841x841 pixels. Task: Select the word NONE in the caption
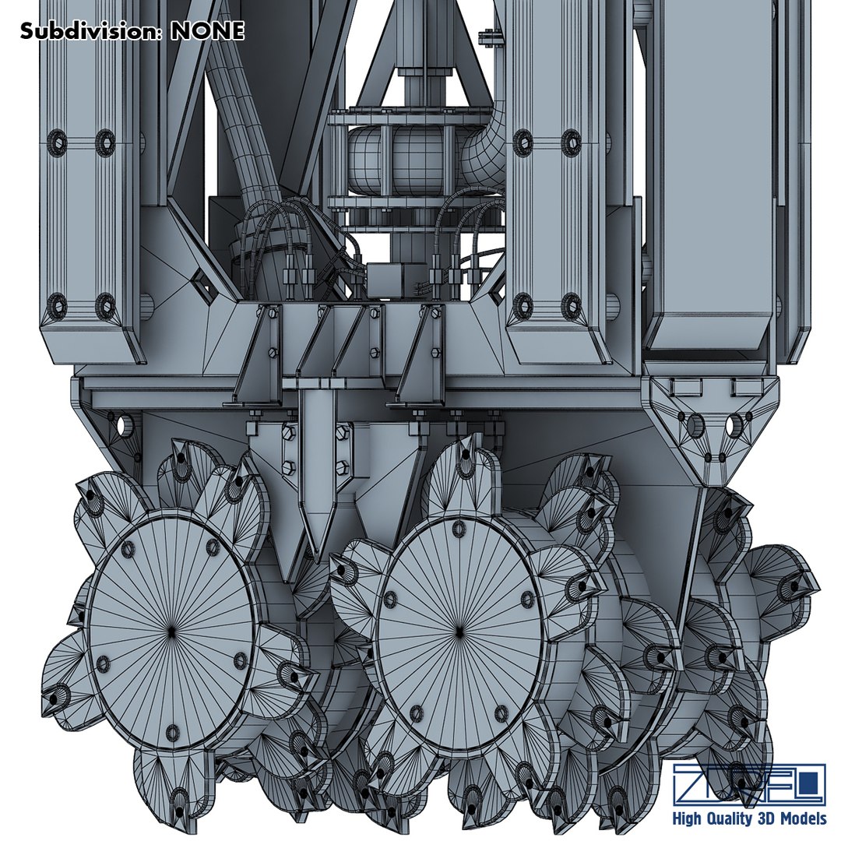(207, 30)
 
